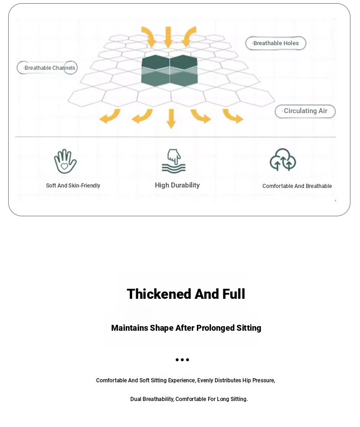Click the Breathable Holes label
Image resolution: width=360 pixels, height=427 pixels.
pos(276,43)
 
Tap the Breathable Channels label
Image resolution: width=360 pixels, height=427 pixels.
pos(47,68)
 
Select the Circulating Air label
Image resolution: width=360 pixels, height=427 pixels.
pos(305,111)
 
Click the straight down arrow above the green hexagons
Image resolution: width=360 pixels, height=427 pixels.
pos(168,37)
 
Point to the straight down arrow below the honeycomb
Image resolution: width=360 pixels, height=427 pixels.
pos(171,119)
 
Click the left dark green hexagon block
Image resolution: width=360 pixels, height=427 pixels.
pos(155,71)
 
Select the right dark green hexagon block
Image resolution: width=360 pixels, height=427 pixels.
pos(184,71)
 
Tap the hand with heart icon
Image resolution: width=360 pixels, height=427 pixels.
pos(65,161)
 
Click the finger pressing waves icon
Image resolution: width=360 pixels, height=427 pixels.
pos(174,161)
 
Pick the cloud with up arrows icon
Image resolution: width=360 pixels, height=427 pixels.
pos(283,160)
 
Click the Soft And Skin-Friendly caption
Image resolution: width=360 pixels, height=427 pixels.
pos(73,186)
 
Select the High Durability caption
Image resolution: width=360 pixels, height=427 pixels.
pos(177,186)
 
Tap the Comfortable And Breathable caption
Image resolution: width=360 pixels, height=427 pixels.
pos(297,186)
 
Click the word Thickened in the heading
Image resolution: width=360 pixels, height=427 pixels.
pos(159,294)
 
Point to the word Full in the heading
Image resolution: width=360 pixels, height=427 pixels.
pos(234,294)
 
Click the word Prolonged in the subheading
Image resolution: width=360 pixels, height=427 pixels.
pos(215,328)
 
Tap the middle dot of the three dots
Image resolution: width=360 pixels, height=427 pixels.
pos(182,360)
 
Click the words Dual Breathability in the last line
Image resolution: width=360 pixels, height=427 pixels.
pos(152,399)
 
